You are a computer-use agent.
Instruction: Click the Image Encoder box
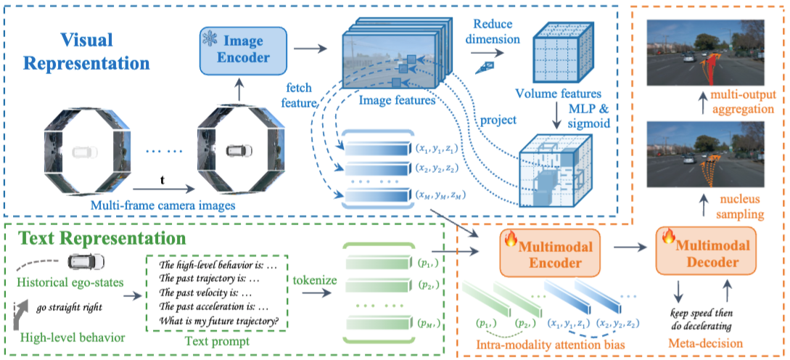tap(243, 49)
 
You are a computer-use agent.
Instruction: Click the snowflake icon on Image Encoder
tap(209, 38)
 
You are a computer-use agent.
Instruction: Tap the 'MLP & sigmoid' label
tap(588, 116)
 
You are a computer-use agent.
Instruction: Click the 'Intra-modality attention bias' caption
tap(551, 345)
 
